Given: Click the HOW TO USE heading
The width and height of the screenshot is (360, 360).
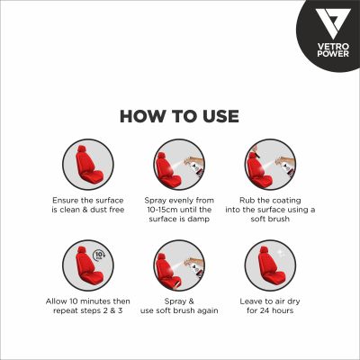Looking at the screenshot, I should coord(180,116).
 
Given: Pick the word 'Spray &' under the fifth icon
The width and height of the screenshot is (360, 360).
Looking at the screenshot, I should coord(180,299).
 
